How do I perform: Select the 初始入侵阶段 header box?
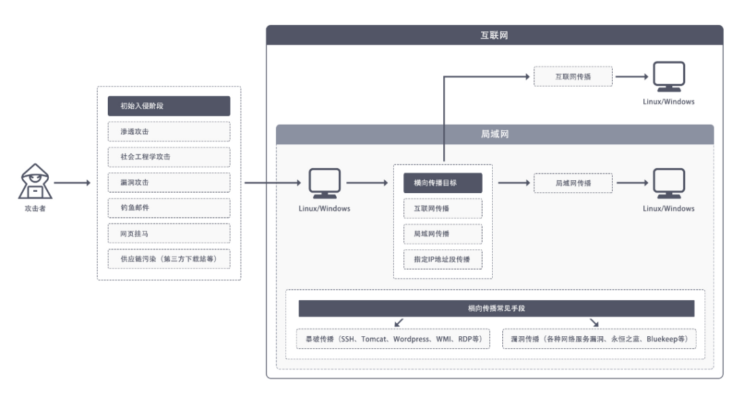pyautogui.click(x=169, y=106)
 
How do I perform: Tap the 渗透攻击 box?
pyautogui.click(x=169, y=131)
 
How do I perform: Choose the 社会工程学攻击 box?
pyautogui.click(x=169, y=157)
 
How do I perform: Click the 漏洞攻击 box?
pyautogui.click(x=169, y=182)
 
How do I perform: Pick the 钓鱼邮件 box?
pyautogui.click(x=169, y=208)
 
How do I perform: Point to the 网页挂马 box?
pyautogui.click(x=169, y=233)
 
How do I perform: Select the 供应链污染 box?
pyautogui.click(x=169, y=259)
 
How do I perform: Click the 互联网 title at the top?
pyautogui.click(x=494, y=35)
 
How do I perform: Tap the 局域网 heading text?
pyautogui.click(x=495, y=134)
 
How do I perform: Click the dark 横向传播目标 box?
pyautogui.click(x=443, y=183)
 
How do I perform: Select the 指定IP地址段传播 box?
pyautogui.click(x=443, y=260)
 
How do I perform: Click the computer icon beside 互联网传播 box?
pyautogui.click(x=669, y=77)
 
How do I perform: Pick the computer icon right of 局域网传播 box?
pyautogui.click(x=669, y=184)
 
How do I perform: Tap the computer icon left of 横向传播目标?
pyautogui.click(x=325, y=184)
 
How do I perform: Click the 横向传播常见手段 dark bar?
pyautogui.click(x=497, y=308)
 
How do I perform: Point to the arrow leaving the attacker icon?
pyautogui.click(x=73, y=183)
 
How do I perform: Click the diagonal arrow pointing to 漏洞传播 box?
pyautogui.click(x=594, y=323)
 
